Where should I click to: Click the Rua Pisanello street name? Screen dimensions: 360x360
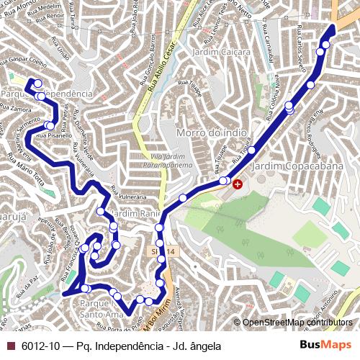pyautogui.click(x=50, y=135)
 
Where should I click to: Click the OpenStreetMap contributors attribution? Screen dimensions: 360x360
pyautogui.click(x=297, y=323)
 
